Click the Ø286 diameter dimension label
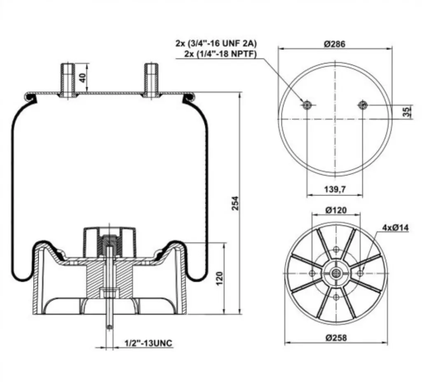click(335, 44)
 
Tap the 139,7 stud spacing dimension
click(335, 189)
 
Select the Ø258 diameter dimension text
click(336, 337)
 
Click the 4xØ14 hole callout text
click(395, 228)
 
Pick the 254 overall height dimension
click(235, 203)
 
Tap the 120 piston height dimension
click(220, 278)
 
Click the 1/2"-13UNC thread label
click(148, 343)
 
